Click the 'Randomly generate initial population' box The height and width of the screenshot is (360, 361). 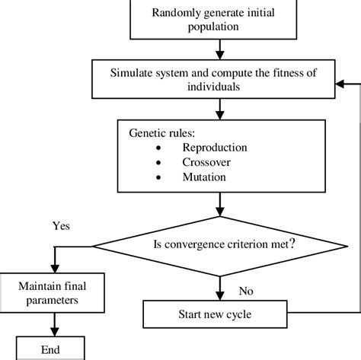[x=220, y=19]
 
